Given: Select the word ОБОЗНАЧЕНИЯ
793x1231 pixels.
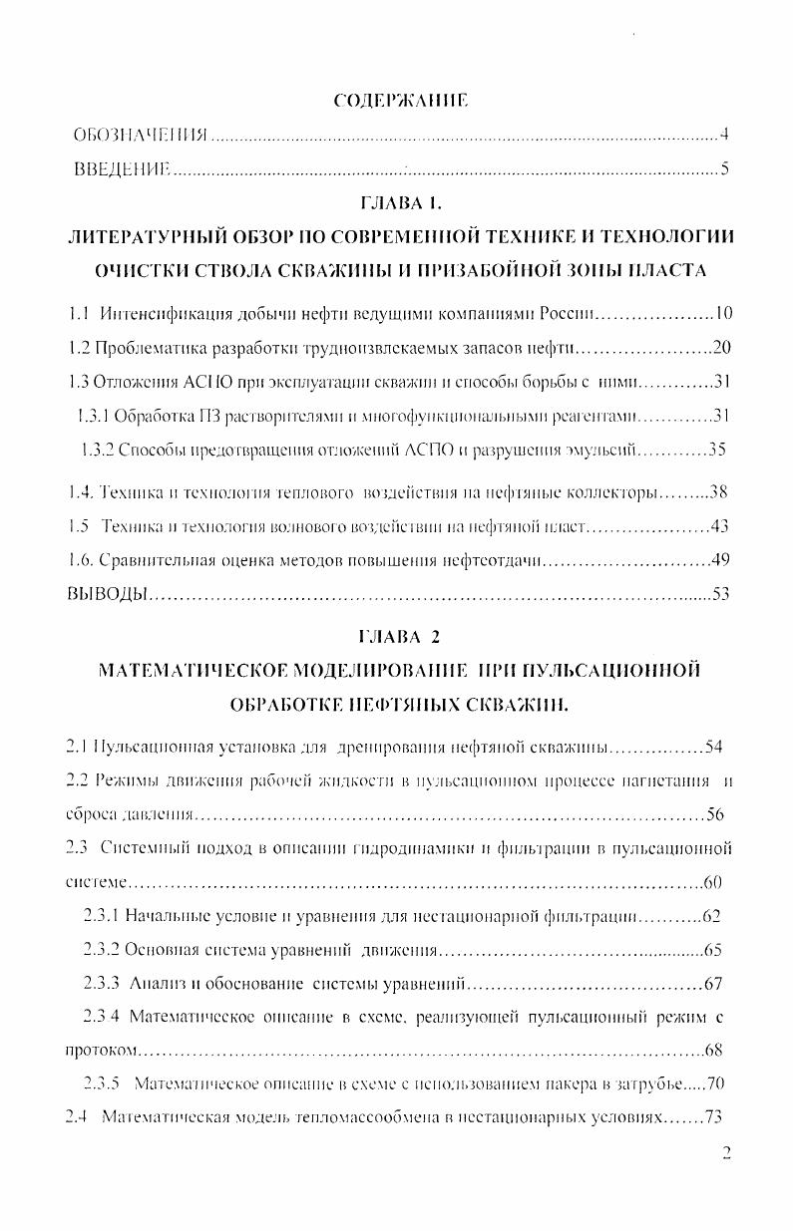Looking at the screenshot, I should (140, 135).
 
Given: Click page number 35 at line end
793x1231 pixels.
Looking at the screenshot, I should (716, 448).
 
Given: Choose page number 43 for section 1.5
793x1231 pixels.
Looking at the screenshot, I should (720, 525).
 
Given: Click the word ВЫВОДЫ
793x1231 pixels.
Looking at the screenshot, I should (108, 594).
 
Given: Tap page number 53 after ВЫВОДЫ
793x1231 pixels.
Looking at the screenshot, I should (721, 594).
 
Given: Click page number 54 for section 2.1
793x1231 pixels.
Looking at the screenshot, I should (712, 747).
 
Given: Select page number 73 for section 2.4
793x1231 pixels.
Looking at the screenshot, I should (712, 1117).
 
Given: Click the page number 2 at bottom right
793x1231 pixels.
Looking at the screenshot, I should (726, 1153).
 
